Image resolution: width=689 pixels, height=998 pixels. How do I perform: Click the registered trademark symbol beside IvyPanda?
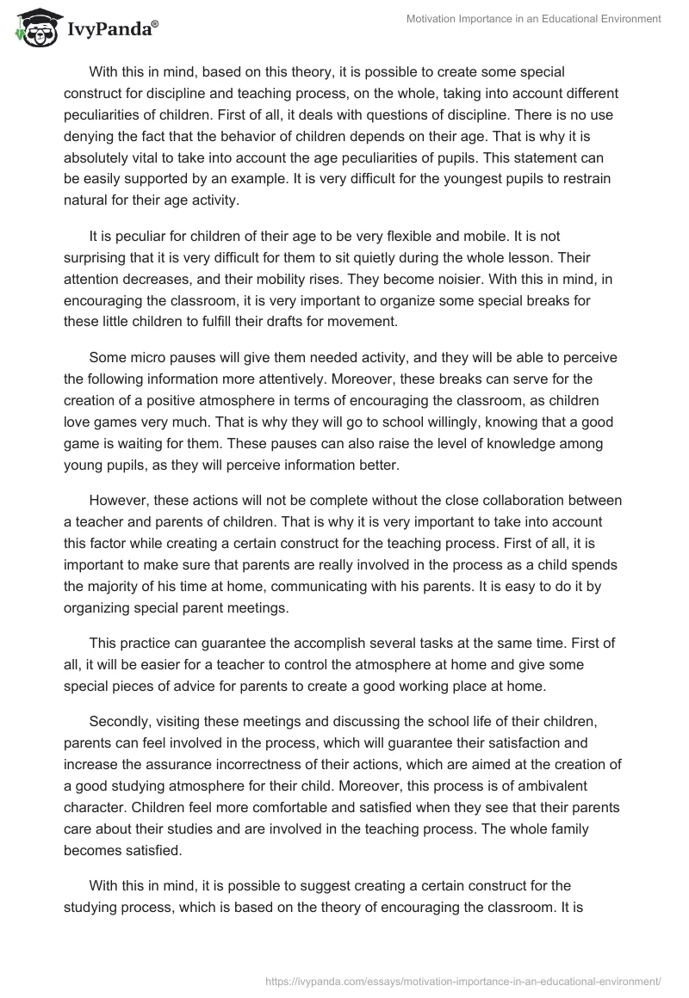click(x=155, y=24)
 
